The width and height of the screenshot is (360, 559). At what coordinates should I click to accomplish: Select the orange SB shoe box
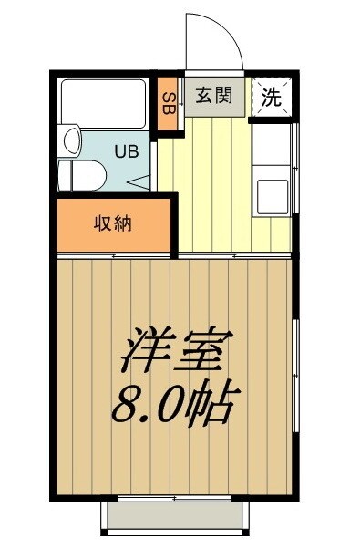coord(168,102)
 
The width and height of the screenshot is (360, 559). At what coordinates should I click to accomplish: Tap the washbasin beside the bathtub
coord(70,141)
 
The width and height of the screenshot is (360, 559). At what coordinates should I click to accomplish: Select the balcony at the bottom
coord(175,517)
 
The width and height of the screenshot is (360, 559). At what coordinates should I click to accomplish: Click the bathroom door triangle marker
coord(143,181)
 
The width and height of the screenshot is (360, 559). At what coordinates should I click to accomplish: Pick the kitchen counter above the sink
coord(272,146)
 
